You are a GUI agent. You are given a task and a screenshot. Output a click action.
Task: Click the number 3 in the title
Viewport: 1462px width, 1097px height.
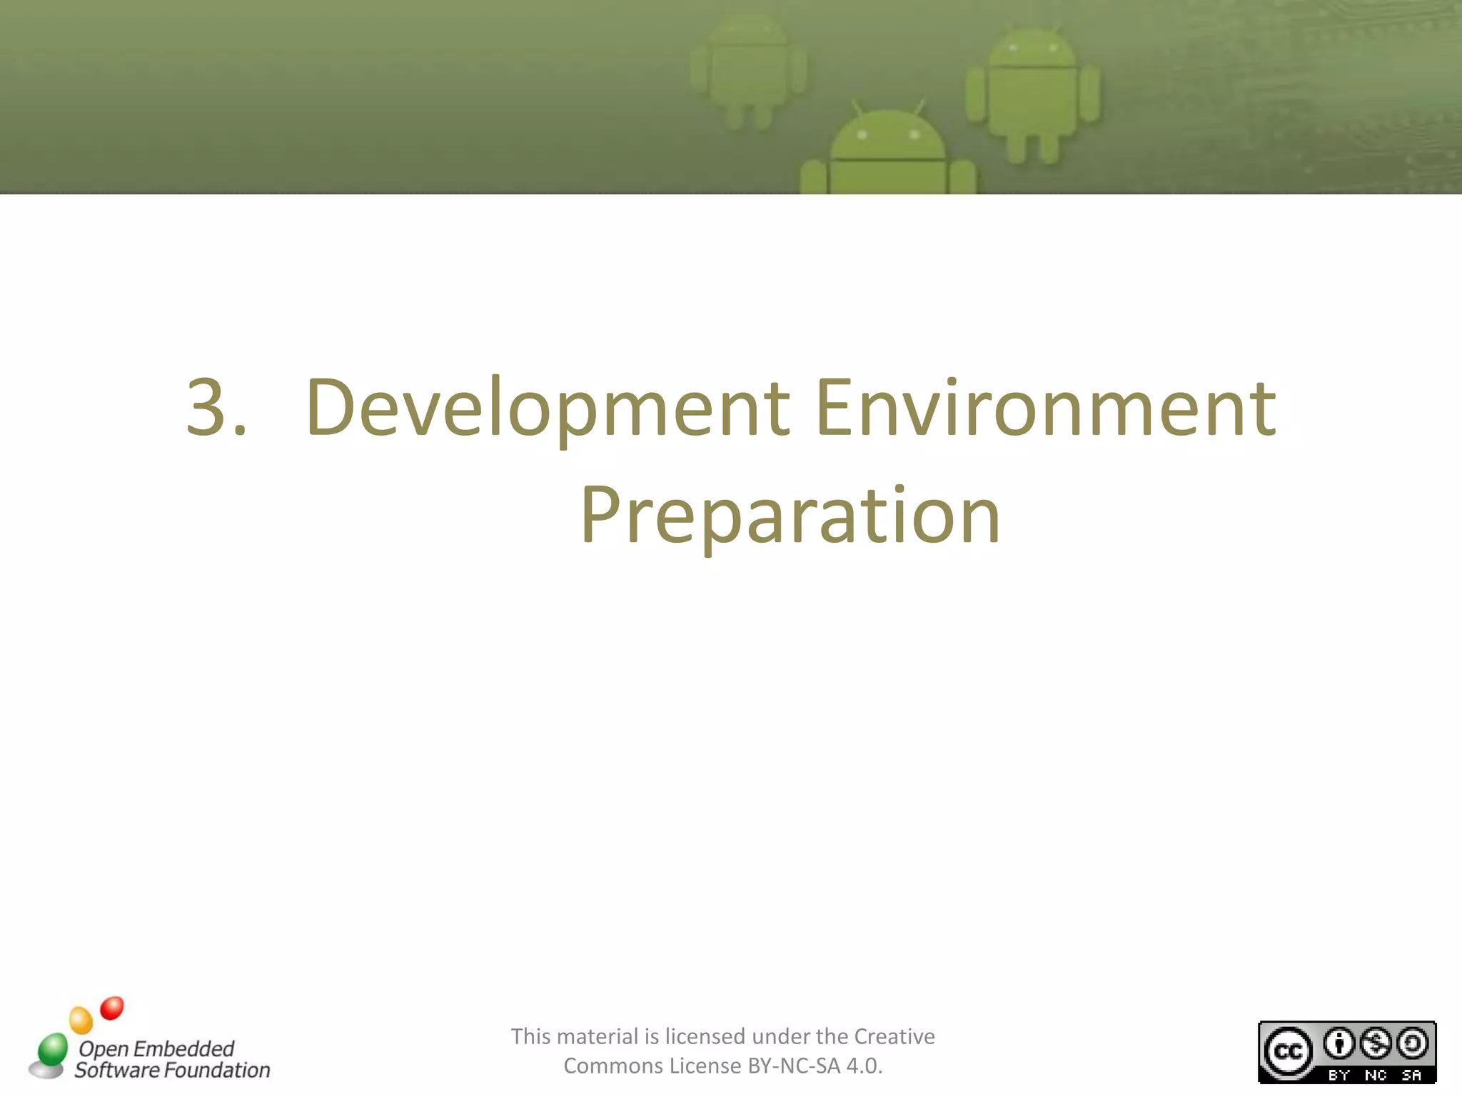tap(207, 407)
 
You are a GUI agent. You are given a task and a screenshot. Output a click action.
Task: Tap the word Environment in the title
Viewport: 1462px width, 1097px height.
tap(1045, 407)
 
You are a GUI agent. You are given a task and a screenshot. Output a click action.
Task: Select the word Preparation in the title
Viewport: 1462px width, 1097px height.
tap(790, 516)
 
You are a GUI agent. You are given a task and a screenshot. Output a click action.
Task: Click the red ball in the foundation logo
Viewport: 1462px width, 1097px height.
tap(112, 1008)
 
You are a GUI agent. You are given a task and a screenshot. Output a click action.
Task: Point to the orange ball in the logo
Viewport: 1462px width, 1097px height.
tap(81, 1020)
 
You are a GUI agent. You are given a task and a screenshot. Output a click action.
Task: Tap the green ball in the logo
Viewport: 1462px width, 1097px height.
tap(52, 1048)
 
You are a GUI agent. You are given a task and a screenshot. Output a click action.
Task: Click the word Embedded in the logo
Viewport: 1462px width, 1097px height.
tap(183, 1048)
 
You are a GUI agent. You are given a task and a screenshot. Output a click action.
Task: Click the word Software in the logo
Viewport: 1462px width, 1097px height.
tap(117, 1070)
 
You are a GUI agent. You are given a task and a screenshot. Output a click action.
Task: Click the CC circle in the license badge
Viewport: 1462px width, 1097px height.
tap(1288, 1051)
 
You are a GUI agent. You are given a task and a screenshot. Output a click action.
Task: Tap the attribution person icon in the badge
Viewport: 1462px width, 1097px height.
tap(1339, 1043)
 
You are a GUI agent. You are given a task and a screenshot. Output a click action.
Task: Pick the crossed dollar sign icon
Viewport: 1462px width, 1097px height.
tap(1376, 1043)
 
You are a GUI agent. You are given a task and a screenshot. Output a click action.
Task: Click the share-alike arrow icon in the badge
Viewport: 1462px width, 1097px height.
tap(1412, 1043)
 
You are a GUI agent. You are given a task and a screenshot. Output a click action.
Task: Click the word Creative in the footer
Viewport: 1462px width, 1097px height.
tap(894, 1036)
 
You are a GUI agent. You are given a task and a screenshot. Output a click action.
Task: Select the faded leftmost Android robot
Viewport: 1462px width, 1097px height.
tap(748, 71)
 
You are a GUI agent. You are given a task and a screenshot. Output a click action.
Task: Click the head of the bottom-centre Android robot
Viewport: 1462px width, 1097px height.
tap(888, 136)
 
